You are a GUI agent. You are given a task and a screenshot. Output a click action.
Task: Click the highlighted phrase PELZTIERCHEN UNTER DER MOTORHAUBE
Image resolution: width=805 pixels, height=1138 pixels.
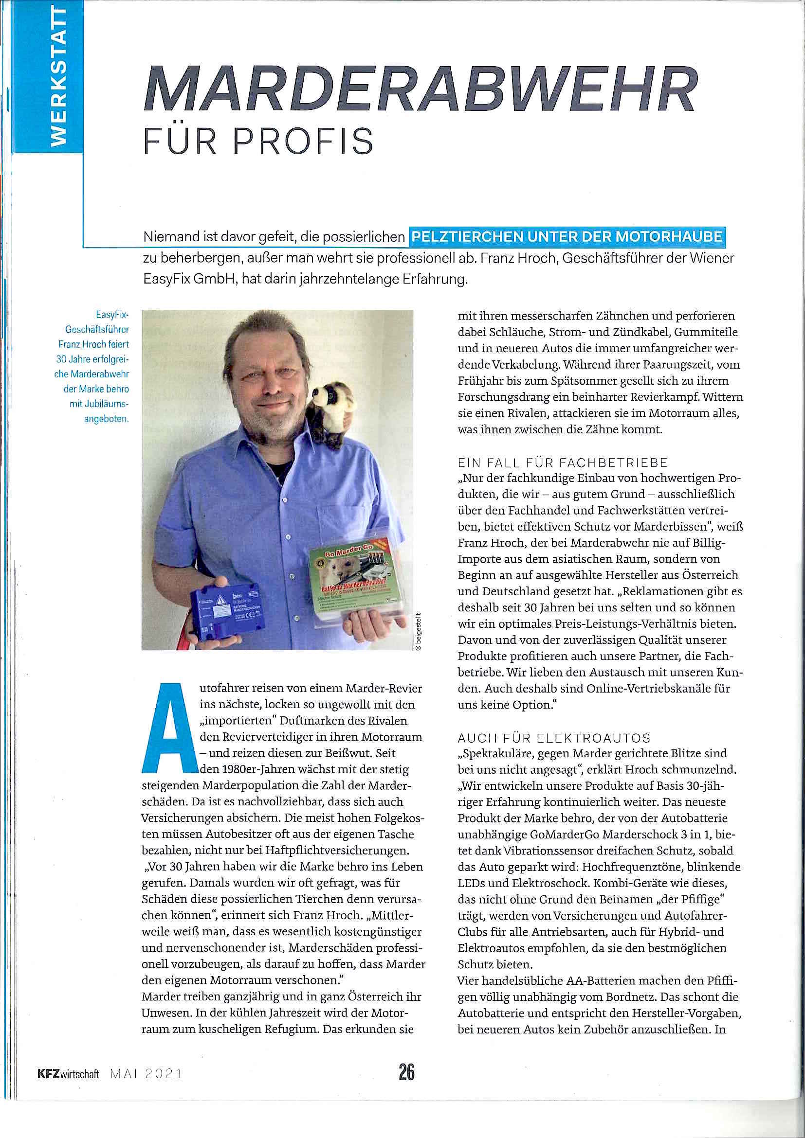567,236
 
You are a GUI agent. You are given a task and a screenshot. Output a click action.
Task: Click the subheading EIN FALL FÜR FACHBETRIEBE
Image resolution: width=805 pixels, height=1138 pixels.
563,463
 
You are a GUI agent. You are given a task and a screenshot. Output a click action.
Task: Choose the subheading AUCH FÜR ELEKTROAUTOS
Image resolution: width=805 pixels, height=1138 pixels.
553,738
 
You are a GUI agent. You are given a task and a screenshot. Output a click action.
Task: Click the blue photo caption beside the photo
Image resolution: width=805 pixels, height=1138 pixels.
93,366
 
